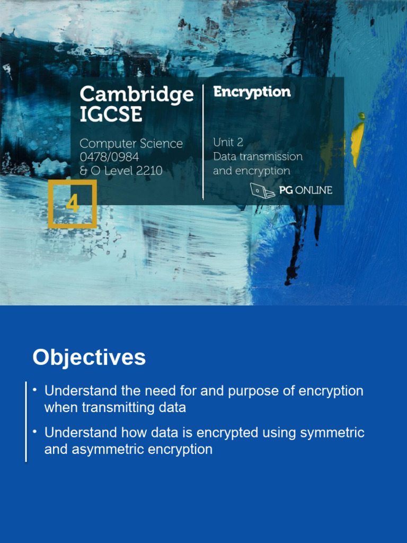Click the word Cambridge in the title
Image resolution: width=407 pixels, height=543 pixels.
tap(136, 95)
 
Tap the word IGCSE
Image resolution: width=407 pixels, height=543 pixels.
tap(111, 115)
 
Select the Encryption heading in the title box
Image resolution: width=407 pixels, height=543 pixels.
tap(252, 92)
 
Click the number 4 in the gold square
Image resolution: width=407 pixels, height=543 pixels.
tap(73, 204)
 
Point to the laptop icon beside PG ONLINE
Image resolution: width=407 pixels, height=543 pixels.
tap(262, 190)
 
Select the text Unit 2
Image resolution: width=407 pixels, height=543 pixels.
tap(228, 142)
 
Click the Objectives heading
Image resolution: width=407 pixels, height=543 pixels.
tap(89, 357)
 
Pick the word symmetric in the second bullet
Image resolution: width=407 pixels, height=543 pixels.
tap(332, 433)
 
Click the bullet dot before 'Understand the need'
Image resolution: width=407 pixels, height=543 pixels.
tap(35, 390)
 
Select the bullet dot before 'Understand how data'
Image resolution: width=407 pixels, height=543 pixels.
tap(35, 432)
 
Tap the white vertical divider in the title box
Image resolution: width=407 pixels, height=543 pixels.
tap(203, 141)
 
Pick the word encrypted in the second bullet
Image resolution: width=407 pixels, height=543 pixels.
tap(226, 433)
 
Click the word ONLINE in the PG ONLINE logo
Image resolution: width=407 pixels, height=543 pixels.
tap(313, 190)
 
